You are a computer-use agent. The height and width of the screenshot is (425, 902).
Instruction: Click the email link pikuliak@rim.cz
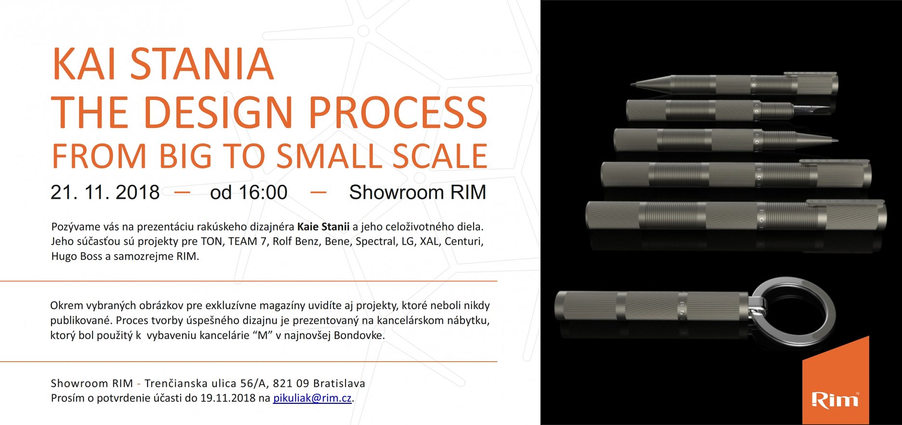click(312, 398)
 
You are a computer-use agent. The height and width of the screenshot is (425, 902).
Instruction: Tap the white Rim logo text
click(835, 400)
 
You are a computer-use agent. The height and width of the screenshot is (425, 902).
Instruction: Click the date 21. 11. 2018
click(105, 192)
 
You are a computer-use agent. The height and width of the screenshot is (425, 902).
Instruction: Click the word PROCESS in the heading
click(398, 112)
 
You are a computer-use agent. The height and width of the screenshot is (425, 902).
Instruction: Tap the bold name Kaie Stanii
click(323, 227)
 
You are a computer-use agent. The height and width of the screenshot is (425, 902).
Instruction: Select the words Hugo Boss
click(77, 257)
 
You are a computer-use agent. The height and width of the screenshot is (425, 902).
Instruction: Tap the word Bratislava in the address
click(339, 384)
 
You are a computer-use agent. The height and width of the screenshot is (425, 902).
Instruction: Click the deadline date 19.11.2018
click(228, 398)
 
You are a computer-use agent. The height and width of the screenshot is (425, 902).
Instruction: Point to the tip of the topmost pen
click(632, 85)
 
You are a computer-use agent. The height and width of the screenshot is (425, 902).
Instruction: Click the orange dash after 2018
click(182, 192)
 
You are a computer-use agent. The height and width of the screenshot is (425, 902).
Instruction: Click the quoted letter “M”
click(262, 335)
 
